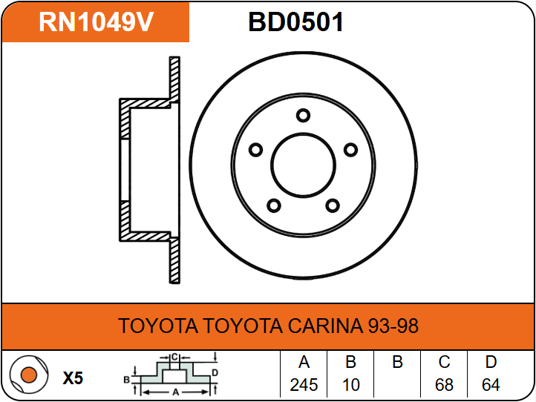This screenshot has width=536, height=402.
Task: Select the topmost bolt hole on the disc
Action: point(302,115)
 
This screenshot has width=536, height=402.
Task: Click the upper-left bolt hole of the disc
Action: point(256,150)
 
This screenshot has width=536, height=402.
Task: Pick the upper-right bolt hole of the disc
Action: point(350,150)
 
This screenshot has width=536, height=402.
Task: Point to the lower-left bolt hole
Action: point(274,205)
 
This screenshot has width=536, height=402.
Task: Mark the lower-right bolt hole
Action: point(332,205)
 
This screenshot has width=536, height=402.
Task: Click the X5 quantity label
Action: point(73,378)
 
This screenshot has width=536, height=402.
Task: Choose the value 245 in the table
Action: point(304,385)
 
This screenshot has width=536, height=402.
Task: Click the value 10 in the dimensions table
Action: point(351,385)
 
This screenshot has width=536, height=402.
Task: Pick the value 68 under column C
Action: point(444,385)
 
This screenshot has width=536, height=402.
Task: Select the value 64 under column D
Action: point(491,385)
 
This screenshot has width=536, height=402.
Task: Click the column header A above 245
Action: point(304,363)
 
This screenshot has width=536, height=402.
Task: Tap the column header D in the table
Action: point(491,363)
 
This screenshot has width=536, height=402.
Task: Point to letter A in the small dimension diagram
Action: point(174,391)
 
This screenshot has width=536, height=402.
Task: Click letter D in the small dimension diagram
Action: point(215,372)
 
